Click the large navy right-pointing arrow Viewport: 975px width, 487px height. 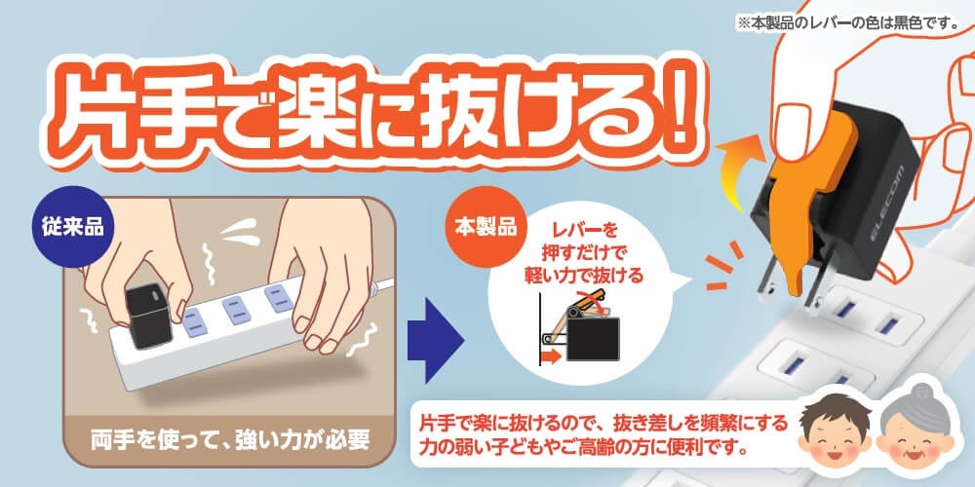tap(435, 340)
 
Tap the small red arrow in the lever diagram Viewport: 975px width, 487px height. tap(550, 356)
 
